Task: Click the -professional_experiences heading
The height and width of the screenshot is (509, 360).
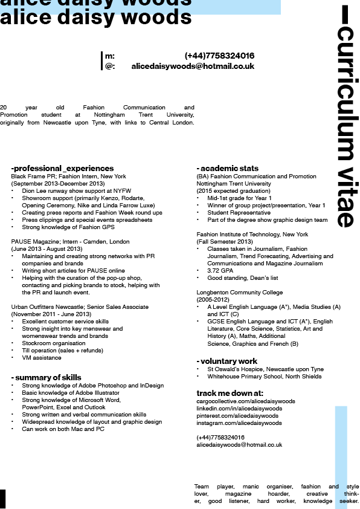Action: click(x=62, y=168)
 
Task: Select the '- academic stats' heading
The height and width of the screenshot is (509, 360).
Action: click(x=227, y=168)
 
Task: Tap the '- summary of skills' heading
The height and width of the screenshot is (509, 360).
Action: click(x=46, y=377)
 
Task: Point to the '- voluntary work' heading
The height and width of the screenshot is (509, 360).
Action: click(x=227, y=361)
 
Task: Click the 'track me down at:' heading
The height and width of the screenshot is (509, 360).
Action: click(x=230, y=393)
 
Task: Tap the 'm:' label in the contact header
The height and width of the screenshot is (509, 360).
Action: click(x=110, y=56)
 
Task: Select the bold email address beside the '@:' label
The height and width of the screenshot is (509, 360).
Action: click(x=193, y=66)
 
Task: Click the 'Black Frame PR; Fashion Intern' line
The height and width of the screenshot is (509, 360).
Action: click(x=69, y=176)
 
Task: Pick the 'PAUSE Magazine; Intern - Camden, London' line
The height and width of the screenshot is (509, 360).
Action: click(x=70, y=241)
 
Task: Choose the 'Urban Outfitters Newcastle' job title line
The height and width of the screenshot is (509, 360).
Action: click(x=80, y=306)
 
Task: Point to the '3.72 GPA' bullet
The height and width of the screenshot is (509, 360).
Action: click(x=221, y=271)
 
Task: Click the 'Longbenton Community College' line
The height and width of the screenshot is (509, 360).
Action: click(x=239, y=292)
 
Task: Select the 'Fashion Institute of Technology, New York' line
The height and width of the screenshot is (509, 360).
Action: click(x=252, y=234)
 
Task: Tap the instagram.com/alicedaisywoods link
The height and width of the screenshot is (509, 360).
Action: click(x=239, y=423)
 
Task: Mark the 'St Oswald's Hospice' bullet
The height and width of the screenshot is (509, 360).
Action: click(x=265, y=369)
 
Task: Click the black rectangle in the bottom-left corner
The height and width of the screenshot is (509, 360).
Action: click(x=2, y=499)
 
